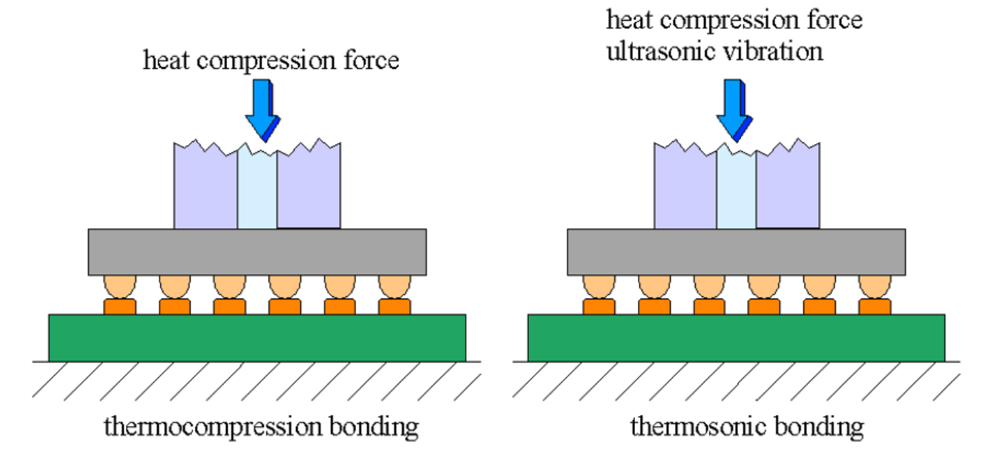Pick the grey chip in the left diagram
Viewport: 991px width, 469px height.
pos(257,252)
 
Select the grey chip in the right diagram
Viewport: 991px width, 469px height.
pos(736,252)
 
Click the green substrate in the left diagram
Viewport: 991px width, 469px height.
pos(257,337)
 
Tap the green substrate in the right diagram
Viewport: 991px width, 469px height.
pos(736,337)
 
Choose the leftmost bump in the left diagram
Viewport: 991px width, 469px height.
pos(119,294)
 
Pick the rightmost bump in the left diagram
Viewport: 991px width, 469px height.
pos(394,294)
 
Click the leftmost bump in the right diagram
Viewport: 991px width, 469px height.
pos(599,294)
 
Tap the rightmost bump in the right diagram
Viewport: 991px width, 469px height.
pos(875,294)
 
